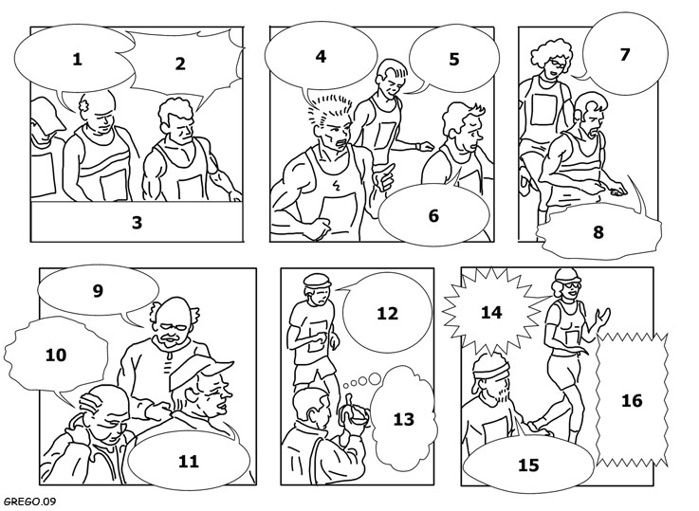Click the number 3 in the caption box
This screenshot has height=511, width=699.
coord(137,222)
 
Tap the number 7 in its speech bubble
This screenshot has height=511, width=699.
coord(625,54)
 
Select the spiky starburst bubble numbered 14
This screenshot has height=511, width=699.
coord(491,311)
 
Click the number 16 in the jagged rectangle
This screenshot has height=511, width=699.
coord(632,400)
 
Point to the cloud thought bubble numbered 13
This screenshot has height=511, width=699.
coord(400,416)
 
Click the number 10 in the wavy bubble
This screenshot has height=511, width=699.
coord(56,356)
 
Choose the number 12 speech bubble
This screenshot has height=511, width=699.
coord(386,312)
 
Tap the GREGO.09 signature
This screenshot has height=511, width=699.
coord(28,502)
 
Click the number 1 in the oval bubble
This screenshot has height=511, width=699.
coord(77,59)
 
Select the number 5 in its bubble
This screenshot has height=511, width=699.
coord(453,59)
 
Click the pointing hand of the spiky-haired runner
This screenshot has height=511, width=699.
coord(384,177)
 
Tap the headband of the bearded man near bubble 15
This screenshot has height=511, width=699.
coord(490,371)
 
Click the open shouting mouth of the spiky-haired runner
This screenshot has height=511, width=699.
coord(342,144)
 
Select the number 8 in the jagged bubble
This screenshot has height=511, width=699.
coord(598,232)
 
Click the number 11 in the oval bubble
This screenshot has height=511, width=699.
coord(188,461)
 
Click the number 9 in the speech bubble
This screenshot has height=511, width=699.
coord(98,290)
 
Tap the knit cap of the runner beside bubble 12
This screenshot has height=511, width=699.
coord(318,281)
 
